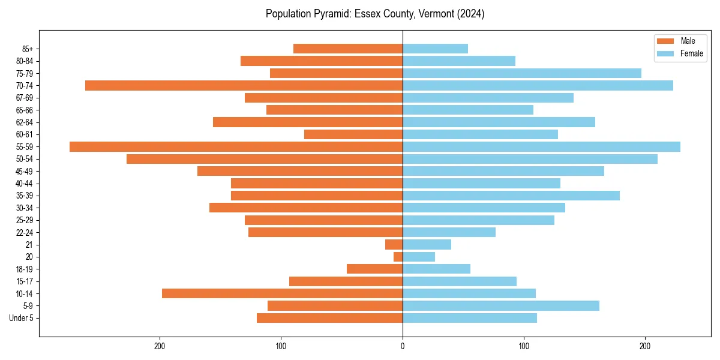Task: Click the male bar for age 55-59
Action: [236, 146]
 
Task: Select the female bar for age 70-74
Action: [538, 85]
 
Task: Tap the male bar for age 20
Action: [398, 257]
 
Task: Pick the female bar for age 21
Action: [427, 244]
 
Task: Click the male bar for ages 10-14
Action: [282, 293]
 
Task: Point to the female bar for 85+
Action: [435, 49]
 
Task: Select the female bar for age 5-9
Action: [501, 305]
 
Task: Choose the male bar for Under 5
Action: [329, 318]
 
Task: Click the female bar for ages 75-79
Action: [522, 73]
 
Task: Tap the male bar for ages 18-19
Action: [374, 269]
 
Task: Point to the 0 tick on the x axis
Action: [403, 346]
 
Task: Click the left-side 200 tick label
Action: [160, 346]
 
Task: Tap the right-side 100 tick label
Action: [524, 346]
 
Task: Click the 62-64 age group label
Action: [25, 122]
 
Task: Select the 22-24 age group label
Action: [25, 232]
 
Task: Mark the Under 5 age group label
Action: [21, 318]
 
